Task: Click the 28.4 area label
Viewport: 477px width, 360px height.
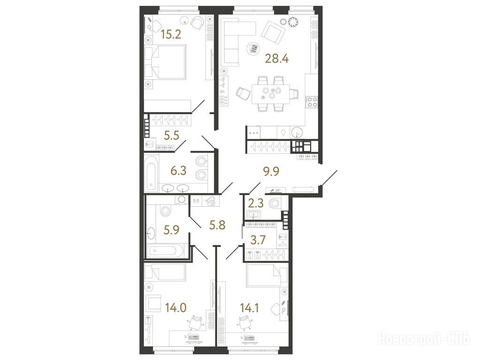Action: [277, 58]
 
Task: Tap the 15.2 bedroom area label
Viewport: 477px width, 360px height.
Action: [171, 35]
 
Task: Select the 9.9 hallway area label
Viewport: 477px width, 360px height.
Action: [272, 172]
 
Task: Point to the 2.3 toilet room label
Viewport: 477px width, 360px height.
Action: [256, 202]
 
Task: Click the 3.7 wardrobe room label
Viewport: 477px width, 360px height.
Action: [257, 240]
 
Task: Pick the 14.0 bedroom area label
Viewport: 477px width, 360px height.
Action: [176, 307]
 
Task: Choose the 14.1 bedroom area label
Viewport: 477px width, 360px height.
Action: [250, 308]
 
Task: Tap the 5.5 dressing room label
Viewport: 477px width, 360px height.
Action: [171, 135]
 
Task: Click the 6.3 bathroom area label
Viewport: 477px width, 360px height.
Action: [178, 171]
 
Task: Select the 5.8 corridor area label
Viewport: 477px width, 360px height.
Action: [217, 225]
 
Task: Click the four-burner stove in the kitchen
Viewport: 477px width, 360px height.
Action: [312, 102]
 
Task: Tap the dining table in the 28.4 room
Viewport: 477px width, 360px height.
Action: [271, 94]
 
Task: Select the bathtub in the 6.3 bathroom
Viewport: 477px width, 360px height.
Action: [151, 173]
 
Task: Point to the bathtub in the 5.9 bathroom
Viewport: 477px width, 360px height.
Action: [166, 251]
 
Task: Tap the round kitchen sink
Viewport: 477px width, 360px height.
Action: [297, 133]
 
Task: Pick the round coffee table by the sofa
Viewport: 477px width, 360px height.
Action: [253, 49]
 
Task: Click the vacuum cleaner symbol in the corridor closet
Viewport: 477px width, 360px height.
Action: [211, 201]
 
